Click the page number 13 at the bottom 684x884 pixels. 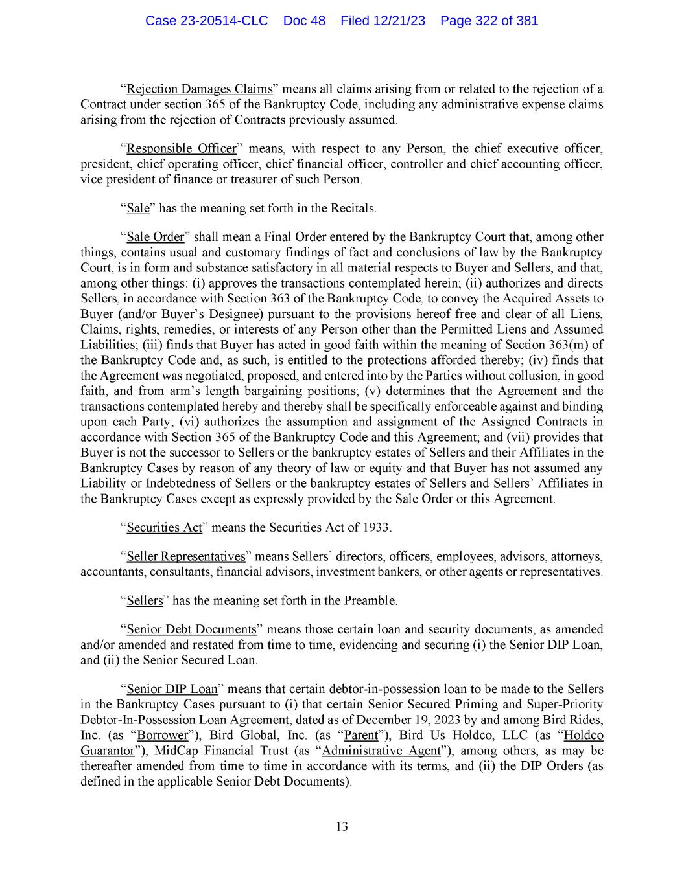(342, 826)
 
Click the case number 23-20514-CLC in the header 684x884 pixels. (206, 21)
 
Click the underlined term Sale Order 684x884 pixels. (156, 236)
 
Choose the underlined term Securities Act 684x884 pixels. (165, 527)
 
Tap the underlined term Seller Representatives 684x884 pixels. (186, 556)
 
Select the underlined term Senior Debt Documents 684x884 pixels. (192, 629)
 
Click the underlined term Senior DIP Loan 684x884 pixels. (172, 688)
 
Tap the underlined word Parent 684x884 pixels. (360, 735)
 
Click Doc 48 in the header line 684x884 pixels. (304, 21)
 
